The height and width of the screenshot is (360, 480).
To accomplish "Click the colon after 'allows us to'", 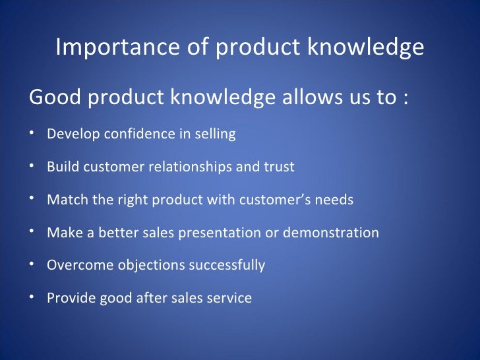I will (404, 99).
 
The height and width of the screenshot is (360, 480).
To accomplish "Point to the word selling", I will (214, 135).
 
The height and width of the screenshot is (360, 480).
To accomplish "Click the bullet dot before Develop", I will (32, 134).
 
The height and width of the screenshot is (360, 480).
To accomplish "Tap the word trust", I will (278, 167).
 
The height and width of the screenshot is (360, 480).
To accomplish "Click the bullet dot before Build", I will (32, 166).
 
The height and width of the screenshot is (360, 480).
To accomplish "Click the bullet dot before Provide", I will (32, 297).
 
